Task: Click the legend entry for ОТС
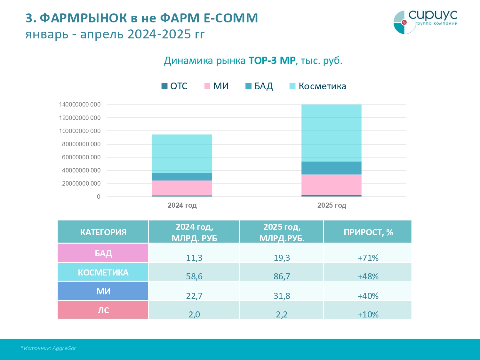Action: pos(174,86)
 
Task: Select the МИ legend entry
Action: pos(217,86)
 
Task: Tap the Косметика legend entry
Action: pos(318,86)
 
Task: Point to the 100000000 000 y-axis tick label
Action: pos(80,131)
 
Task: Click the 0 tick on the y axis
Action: pos(99,196)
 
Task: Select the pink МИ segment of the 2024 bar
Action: pos(182,188)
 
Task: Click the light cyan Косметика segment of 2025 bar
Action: pos(331,133)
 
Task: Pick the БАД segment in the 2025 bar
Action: pos(331,168)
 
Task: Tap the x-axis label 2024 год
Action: pos(182,205)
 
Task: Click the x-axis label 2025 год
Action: pos(332,205)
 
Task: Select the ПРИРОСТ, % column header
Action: pos(368,232)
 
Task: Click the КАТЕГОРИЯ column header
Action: pos(103,232)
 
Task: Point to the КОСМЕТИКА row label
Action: pos(103,273)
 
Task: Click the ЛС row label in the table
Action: pos(103,310)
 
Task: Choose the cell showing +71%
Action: pos(368,258)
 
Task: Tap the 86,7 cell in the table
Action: pos(282,276)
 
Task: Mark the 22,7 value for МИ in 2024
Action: pos(194,296)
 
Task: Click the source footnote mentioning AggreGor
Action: pos(49,348)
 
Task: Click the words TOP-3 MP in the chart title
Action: pos(272,60)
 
